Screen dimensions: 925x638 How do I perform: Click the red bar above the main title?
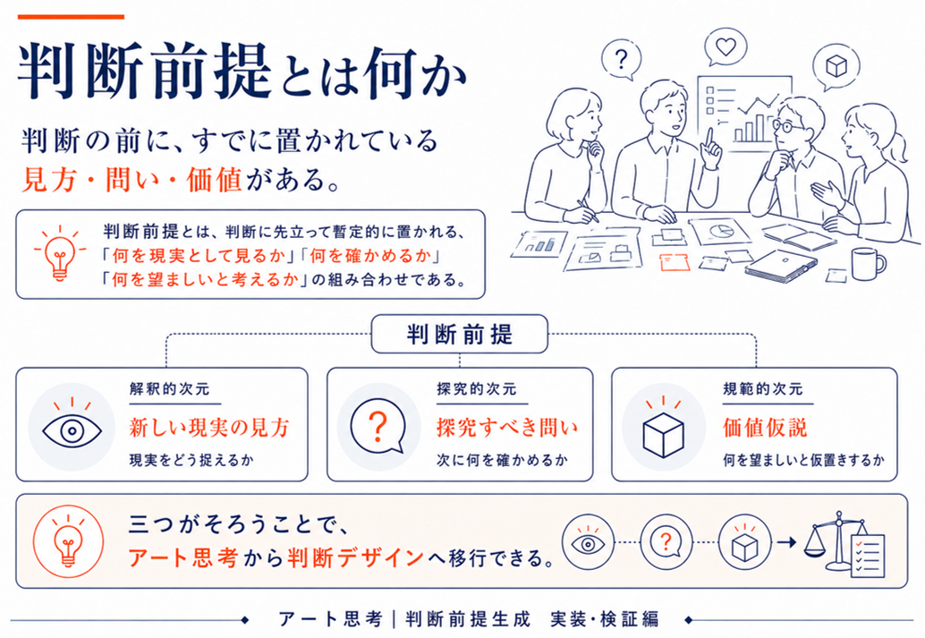tap(71, 17)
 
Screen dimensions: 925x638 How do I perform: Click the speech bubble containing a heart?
tap(726, 47)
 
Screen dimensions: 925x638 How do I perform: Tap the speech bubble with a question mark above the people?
tap(621, 60)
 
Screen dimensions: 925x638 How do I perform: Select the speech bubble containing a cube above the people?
tap(836, 67)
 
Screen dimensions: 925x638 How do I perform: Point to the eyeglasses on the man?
tap(787, 125)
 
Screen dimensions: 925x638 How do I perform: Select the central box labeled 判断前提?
tap(460, 334)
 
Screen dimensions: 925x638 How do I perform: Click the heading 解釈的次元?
tap(170, 389)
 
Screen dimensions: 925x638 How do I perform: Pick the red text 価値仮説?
tap(765, 428)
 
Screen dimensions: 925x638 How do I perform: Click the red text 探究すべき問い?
tap(507, 428)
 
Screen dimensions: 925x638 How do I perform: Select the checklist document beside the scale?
tap(867, 556)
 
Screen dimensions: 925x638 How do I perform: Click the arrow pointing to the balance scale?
tap(787, 541)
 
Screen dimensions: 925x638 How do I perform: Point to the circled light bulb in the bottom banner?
tap(68, 540)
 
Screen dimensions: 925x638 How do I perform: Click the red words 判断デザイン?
tap(356, 557)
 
